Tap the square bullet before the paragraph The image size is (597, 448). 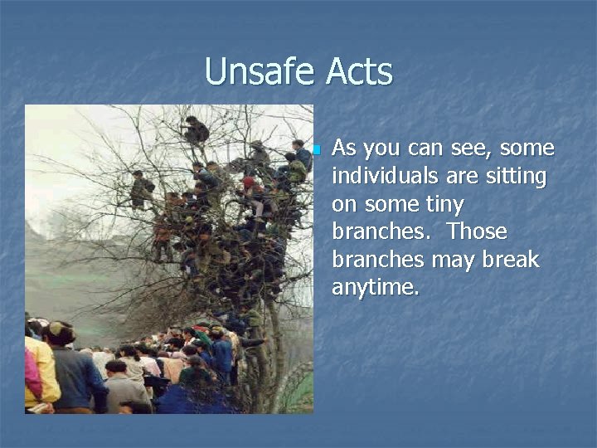click(316, 150)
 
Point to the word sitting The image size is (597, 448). click(517, 176)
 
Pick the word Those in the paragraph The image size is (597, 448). click(478, 231)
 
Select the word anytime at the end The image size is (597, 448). click(375, 288)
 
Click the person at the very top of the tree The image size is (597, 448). click(197, 131)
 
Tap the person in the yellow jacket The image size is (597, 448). click(40, 369)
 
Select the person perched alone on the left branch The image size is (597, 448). click(141, 188)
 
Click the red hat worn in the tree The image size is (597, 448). click(248, 183)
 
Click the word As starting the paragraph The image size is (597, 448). click(343, 149)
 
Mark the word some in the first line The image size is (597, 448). click(527, 149)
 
